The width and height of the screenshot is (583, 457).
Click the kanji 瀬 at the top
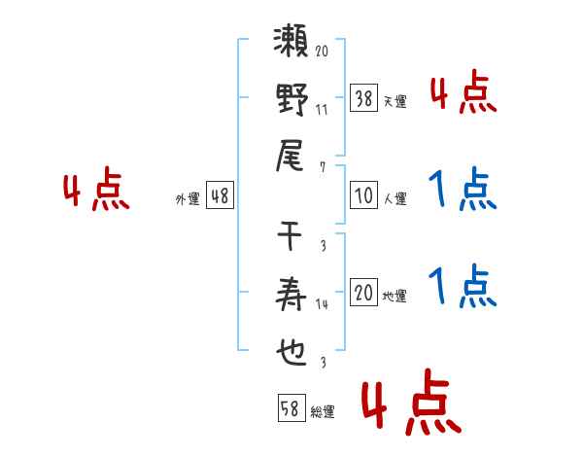pyautogui.click(x=291, y=41)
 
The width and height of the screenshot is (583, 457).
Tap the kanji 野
pyautogui.click(x=292, y=99)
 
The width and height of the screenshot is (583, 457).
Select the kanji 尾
pyautogui.click(x=290, y=156)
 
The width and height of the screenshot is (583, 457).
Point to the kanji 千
pyautogui.click(x=290, y=235)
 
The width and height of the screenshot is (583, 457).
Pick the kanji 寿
pyautogui.click(x=291, y=294)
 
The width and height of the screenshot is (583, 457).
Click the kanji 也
pyautogui.click(x=291, y=352)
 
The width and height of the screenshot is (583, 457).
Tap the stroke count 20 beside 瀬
pyautogui.click(x=322, y=51)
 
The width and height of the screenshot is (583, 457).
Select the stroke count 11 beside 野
pyautogui.click(x=322, y=110)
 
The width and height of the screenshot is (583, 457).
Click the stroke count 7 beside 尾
pyautogui.click(x=323, y=167)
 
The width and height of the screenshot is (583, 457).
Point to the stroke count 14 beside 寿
pyautogui.click(x=322, y=304)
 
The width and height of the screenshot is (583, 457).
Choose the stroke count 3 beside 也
pyautogui.click(x=324, y=362)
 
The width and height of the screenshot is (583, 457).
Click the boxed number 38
pyautogui.click(x=364, y=98)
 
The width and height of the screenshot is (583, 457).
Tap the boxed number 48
pyautogui.click(x=221, y=195)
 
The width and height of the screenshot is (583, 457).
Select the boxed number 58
pyautogui.click(x=291, y=407)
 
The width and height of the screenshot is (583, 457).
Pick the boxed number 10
pyautogui.click(x=364, y=195)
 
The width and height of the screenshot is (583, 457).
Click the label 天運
pyautogui.click(x=395, y=101)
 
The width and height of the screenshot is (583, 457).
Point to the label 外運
pyautogui.click(x=188, y=198)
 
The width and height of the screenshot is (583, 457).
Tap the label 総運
pyautogui.click(x=323, y=411)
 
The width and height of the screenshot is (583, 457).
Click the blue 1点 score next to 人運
pyautogui.click(x=463, y=189)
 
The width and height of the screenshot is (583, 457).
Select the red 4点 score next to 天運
pyautogui.click(x=463, y=92)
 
